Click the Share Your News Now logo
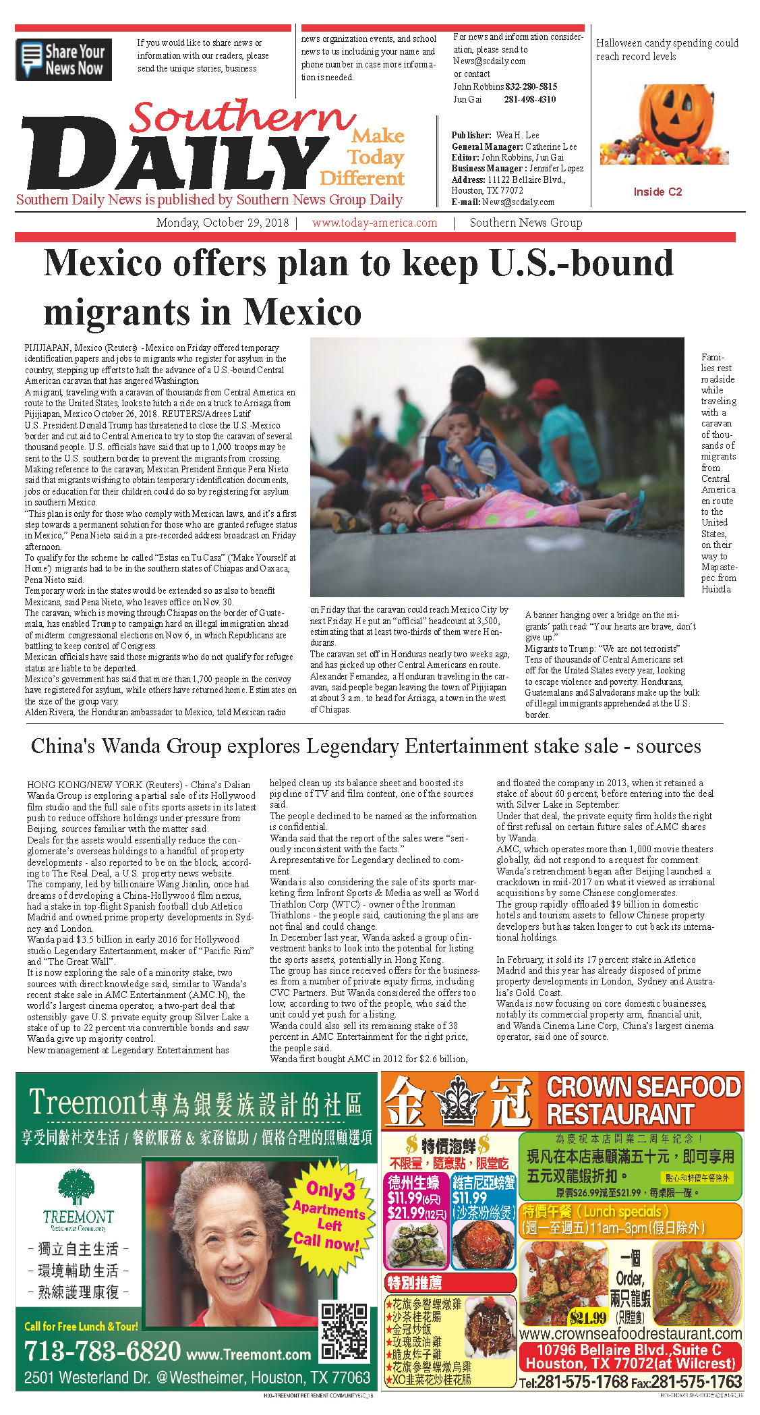[63, 59]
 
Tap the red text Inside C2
[657, 192]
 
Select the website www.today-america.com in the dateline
[374, 223]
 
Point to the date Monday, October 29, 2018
[222, 223]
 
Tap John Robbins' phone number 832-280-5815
[531, 86]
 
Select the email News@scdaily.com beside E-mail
[518, 202]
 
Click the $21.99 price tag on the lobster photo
[587, 1316]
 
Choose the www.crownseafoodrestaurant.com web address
[631, 1334]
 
